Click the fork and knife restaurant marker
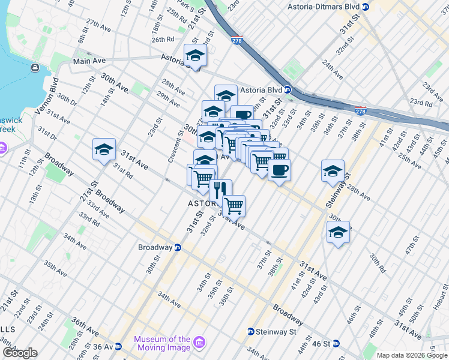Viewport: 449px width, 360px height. tap(220, 190)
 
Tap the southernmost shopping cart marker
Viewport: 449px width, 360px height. tap(234, 206)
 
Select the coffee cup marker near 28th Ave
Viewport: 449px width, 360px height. tap(279, 170)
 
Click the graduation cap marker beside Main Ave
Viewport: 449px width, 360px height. tap(195, 56)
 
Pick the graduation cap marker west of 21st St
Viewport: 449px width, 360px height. tap(104, 149)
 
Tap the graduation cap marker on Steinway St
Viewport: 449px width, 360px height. tap(333, 171)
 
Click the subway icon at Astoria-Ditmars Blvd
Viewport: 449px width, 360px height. tap(366, 7)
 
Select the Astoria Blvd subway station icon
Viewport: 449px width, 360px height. tap(288, 91)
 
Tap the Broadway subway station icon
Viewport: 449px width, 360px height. tap(178, 247)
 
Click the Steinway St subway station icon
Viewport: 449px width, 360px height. tap(251, 332)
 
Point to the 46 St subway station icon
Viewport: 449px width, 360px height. tap(336, 344)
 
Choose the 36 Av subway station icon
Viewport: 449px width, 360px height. tap(118, 346)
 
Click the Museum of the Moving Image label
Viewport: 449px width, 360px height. tap(162, 344)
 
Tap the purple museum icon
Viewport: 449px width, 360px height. tap(200, 343)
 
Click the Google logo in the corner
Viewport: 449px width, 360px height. tap(20, 353)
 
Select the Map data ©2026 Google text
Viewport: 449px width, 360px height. tap(412, 355)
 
